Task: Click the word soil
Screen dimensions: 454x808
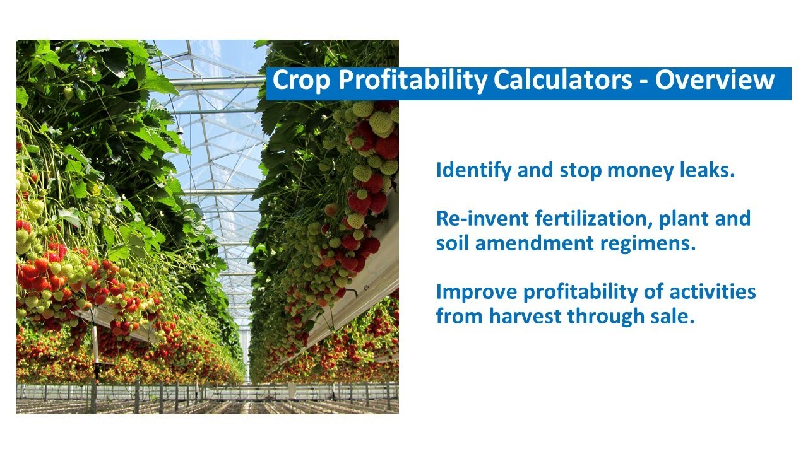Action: [453, 243]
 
